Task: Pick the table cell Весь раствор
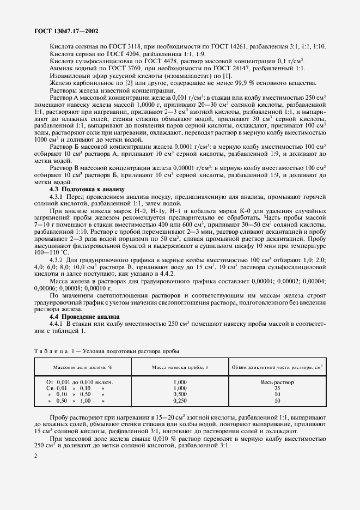pyautogui.click(x=277, y=382)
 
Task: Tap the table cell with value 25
pyautogui.click(x=277, y=388)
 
